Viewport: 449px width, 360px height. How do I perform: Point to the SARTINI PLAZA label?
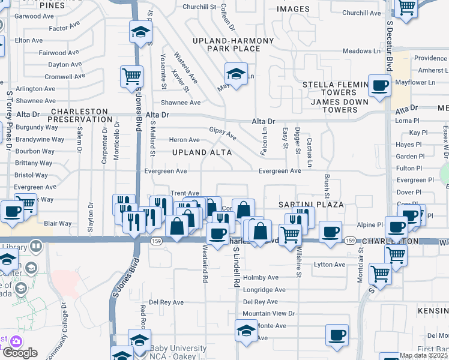coord(311,205)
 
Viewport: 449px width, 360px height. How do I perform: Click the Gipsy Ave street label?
coord(222,133)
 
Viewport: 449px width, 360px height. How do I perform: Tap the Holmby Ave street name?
coord(261,278)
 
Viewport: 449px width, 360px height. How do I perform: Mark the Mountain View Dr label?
coord(269,314)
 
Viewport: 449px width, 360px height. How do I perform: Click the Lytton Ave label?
coord(330,265)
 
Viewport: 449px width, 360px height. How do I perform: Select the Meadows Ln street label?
coord(361,51)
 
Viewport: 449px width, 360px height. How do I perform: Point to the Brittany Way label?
coord(34,163)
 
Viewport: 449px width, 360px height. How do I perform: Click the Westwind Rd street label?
coord(205,268)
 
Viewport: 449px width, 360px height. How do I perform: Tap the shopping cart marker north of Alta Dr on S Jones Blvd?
coord(131,77)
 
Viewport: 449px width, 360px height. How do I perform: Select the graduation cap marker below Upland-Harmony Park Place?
coord(236,74)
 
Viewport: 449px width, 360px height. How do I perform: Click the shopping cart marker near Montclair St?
coord(381,273)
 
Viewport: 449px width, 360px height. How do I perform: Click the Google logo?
coord(20,353)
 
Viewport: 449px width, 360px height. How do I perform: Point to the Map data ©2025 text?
coord(423,355)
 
